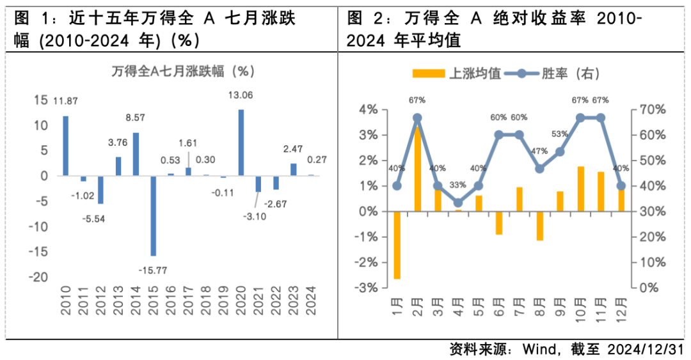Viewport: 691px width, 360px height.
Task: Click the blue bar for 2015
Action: coord(154,215)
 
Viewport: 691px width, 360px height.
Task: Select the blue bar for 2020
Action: coord(241,143)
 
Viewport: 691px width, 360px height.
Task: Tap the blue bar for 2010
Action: coord(65,146)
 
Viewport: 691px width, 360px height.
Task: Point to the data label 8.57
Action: coord(136,118)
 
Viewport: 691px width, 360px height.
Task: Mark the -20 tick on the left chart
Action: coord(40,278)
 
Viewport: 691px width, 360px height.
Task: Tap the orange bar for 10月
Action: coord(581,189)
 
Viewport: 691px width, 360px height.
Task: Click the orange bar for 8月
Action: coord(540,226)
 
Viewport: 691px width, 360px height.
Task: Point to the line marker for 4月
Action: coord(458,203)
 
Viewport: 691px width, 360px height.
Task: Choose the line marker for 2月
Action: coord(417,118)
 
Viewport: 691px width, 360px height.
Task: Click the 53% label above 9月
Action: coord(560,134)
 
